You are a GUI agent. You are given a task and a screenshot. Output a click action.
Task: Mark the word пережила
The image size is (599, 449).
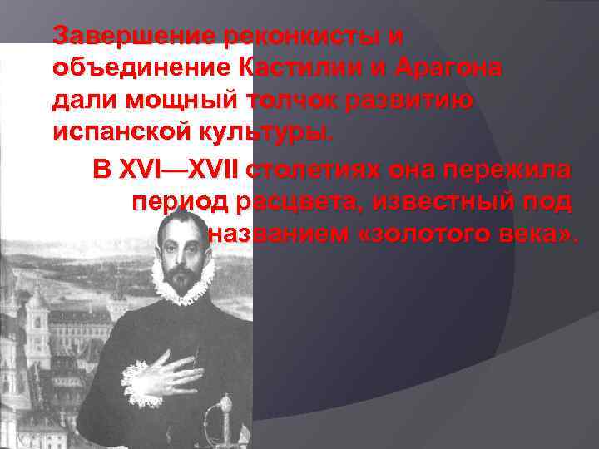point(515,171)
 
